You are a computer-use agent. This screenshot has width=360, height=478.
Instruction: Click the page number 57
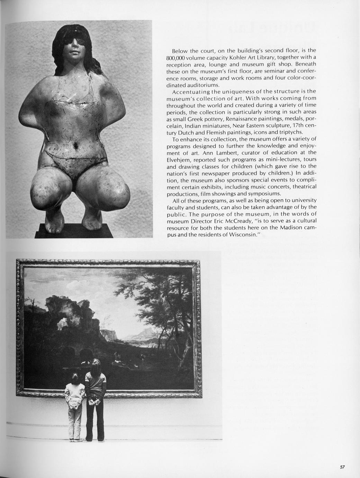342,467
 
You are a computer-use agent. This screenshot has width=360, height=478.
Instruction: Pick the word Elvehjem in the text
178,160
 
